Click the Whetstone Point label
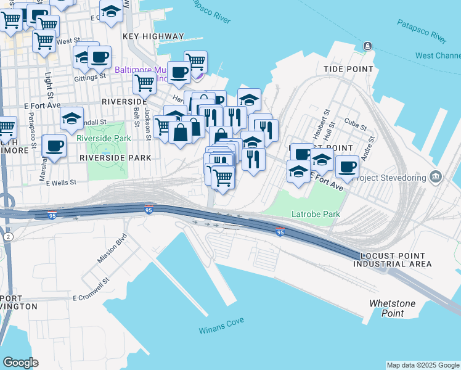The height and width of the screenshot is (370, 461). (x=392, y=308)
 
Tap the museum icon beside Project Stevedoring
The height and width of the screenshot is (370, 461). (x=436, y=177)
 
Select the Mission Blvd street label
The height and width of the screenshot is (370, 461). (x=112, y=249)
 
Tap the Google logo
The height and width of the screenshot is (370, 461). (x=20, y=362)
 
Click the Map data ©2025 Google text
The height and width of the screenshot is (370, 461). (x=423, y=365)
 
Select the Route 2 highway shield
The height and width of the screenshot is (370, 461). (x=7, y=237)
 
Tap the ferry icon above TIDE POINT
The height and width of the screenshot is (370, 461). (x=368, y=46)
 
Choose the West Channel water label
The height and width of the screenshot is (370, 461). (x=438, y=55)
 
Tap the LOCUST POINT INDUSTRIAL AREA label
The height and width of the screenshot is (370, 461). (x=392, y=260)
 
